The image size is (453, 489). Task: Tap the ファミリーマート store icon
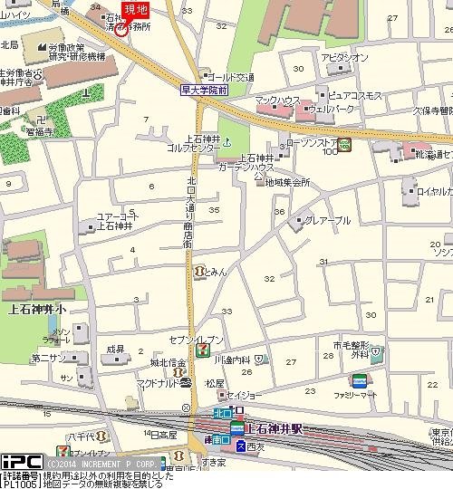(360, 380)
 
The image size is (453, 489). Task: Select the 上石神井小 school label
(35, 307)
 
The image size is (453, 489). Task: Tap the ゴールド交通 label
(233, 77)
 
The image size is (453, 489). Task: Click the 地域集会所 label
(287, 182)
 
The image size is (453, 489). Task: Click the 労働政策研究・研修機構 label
(77, 51)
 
